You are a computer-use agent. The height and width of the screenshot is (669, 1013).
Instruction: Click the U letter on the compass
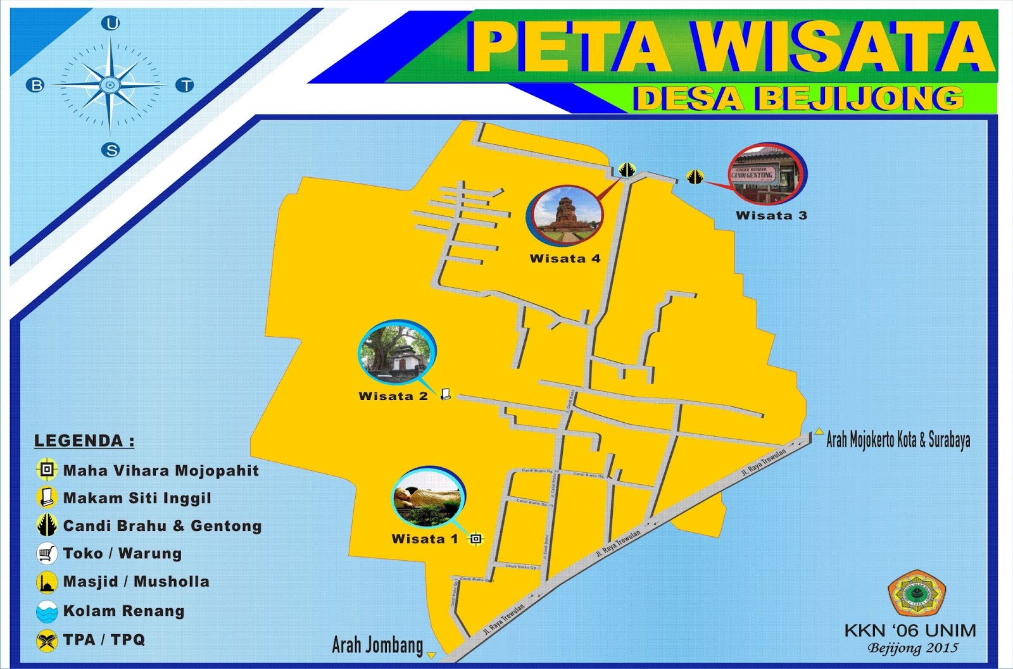[x=111, y=24]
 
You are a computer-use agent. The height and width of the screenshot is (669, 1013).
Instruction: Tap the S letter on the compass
[x=111, y=150]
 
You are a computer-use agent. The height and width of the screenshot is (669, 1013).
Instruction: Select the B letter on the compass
[x=36, y=85]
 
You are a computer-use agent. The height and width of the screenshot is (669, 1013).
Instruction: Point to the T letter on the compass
[x=185, y=85]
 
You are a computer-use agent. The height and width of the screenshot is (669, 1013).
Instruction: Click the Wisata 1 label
[x=424, y=539]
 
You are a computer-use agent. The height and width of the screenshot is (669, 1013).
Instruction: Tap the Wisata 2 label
[x=393, y=396]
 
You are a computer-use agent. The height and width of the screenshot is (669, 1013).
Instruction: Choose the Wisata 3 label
[x=771, y=215]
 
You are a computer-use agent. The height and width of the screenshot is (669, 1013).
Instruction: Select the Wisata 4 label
[x=565, y=258]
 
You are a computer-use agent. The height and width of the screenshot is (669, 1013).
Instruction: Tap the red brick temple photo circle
[x=565, y=215]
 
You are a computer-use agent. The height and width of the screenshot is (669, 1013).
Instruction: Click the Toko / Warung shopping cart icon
[x=47, y=554]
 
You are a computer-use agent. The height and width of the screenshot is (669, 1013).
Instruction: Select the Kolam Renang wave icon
[x=47, y=611]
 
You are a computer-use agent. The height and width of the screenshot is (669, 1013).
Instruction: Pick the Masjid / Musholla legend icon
[x=47, y=582]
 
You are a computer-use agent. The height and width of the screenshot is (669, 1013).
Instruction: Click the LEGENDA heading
[x=84, y=441]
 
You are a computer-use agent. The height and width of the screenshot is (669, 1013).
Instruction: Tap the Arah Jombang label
[x=377, y=645]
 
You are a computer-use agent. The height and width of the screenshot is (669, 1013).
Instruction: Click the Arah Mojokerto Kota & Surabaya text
[x=898, y=440]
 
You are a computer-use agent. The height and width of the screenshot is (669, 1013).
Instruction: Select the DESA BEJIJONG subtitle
[x=799, y=99]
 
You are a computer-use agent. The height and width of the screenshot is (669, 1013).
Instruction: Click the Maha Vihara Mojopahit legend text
[x=161, y=471]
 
